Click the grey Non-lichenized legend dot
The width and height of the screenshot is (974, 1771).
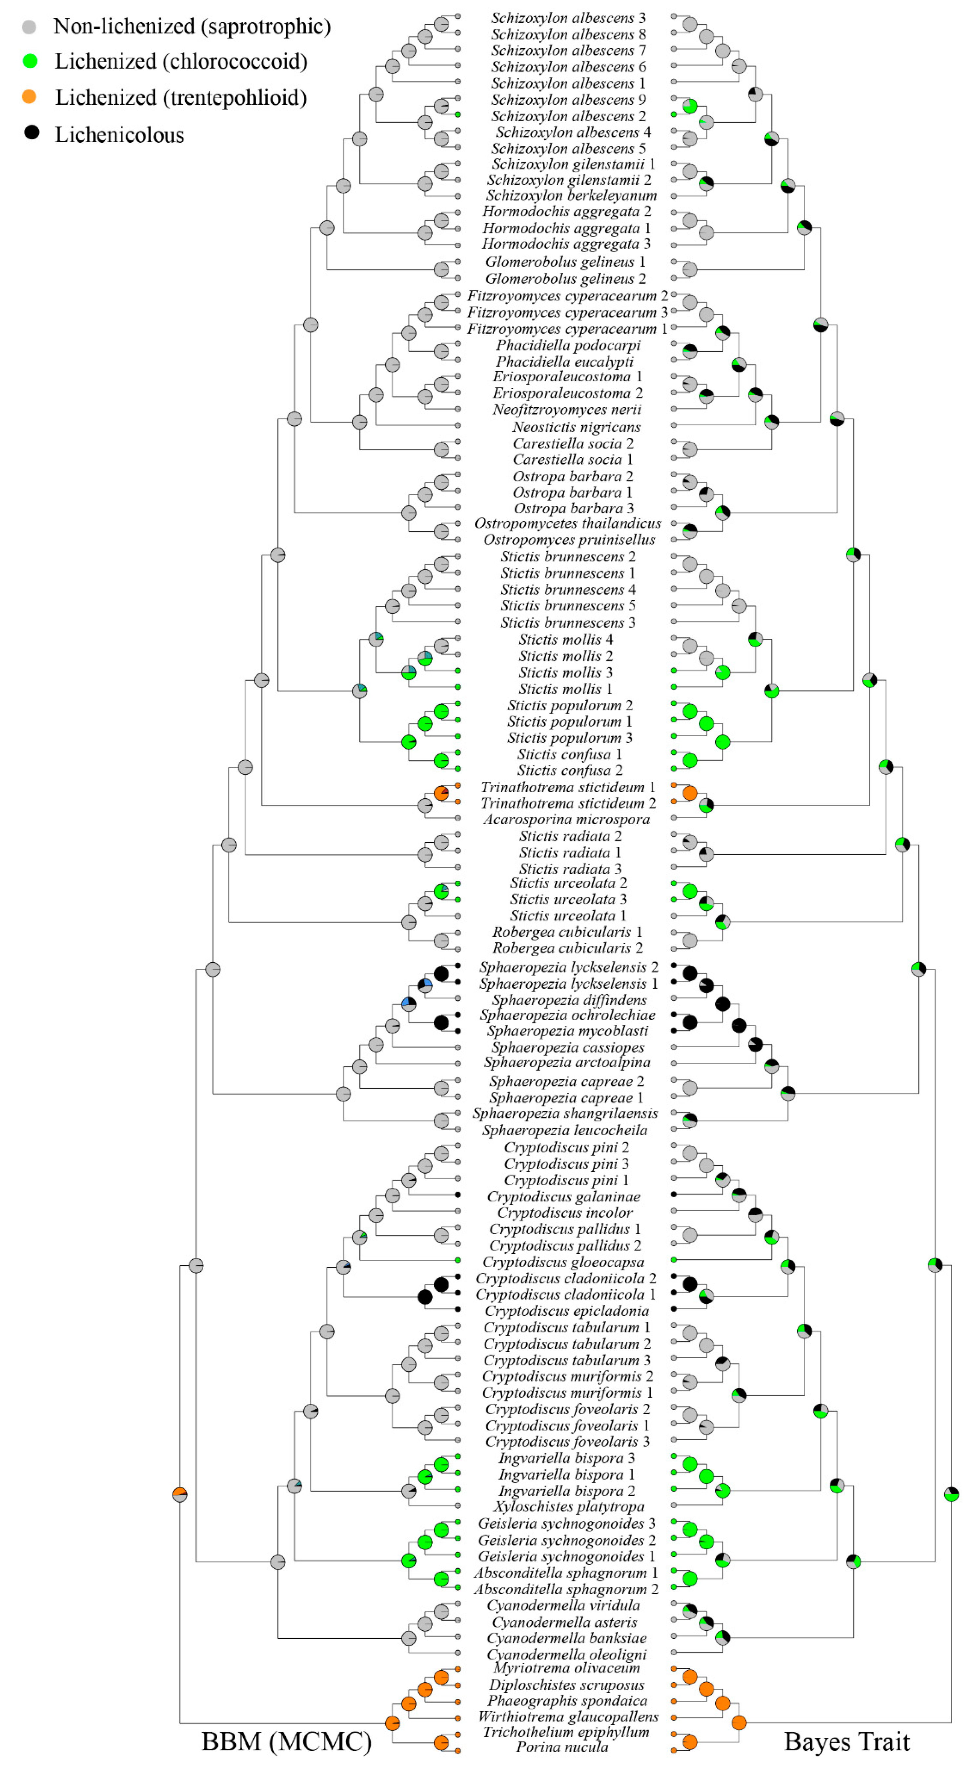tap(29, 27)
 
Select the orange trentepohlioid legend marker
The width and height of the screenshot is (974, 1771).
tap(29, 97)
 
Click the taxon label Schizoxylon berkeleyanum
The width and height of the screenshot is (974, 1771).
tap(571, 196)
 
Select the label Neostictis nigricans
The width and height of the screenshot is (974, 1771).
tap(576, 427)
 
